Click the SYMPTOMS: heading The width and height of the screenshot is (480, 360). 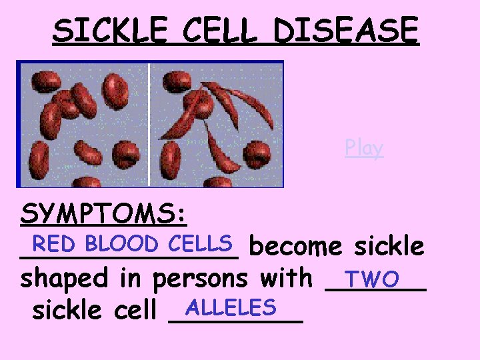pyautogui.click(x=104, y=214)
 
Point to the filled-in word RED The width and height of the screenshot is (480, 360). pyautogui.click(x=58, y=243)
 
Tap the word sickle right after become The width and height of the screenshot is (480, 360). pyautogui.click(x=389, y=247)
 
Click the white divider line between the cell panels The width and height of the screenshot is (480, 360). pyautogui.click(x=148, y=124)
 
